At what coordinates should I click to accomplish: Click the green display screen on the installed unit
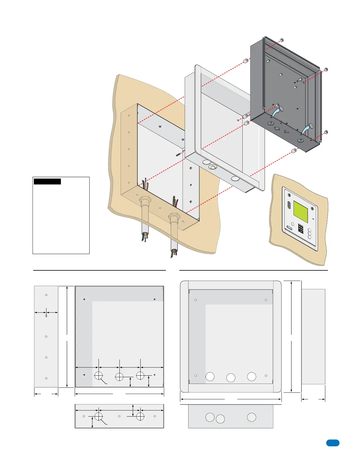[x=301, y=212]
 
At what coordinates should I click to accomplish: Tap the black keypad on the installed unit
[x=301, y=228]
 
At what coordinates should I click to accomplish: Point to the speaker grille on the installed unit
[x=289, y=205]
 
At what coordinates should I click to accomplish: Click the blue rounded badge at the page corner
[x=333, y=443]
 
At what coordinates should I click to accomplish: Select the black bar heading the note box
[x=47, y=182]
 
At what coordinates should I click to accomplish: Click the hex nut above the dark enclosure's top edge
[x=281, y=40]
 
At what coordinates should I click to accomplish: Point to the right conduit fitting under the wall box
[x=174, y=217]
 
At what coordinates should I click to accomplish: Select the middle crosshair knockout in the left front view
[x=119, y=377]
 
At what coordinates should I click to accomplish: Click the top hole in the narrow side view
[x=46, y=295]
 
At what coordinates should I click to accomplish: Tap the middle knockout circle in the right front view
[x=231, y=378]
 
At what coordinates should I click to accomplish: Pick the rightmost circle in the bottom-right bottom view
[x=251, y=417]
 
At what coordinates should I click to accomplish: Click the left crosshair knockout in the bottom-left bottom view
[x=99, y=416]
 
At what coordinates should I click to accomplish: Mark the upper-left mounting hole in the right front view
[x=196, y=300]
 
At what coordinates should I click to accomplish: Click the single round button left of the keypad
[x=293, y=224]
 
